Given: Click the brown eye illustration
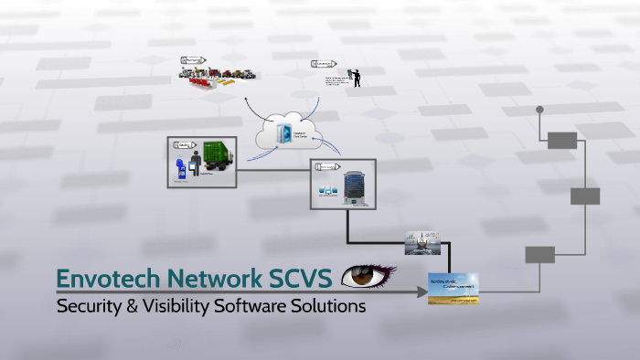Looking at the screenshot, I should (x=367, y=274).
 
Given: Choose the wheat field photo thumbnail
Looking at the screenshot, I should (x=453, y=287).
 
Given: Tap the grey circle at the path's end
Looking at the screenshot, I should (x=539, y=110).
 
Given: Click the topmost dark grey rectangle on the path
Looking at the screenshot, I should (x=562, y=140).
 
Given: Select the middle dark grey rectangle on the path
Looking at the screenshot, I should (x=585, y=196).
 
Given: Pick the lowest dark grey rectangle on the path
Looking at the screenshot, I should (x=539, y=255).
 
